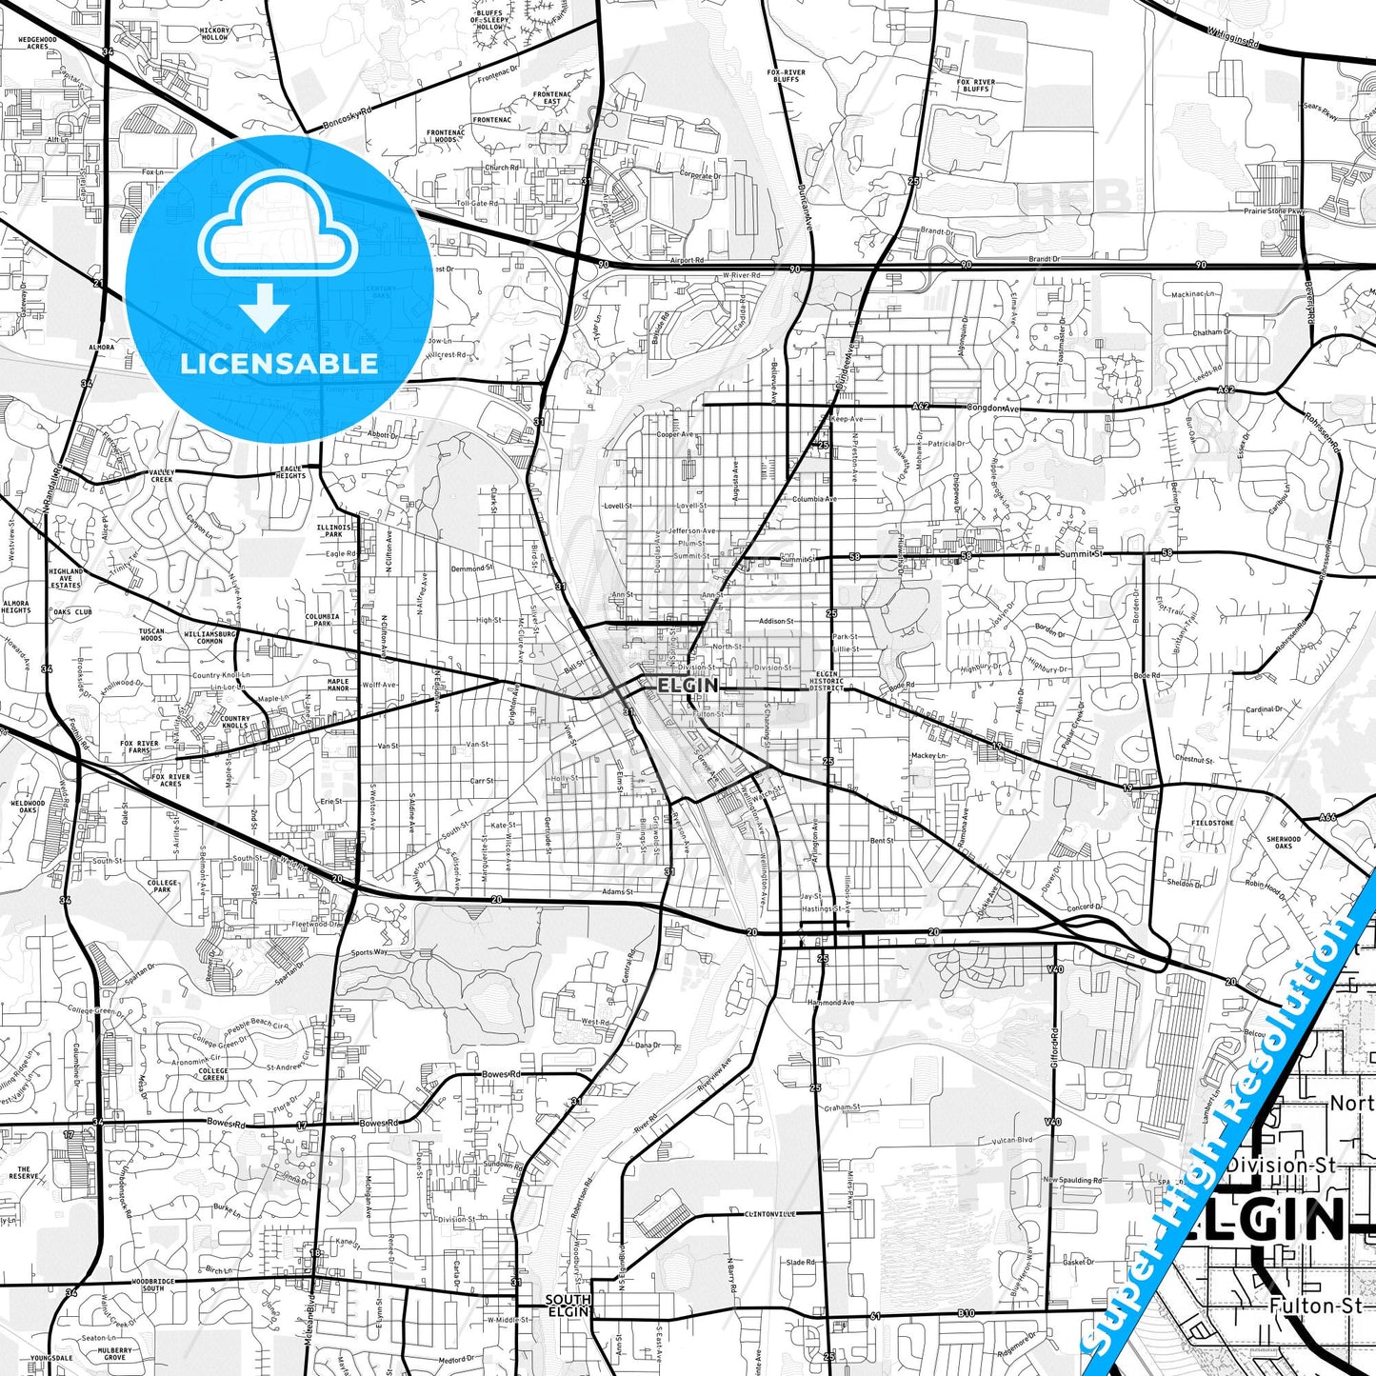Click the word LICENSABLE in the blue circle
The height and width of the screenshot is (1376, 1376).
coord(279,363)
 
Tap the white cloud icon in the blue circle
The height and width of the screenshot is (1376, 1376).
coord(278,233)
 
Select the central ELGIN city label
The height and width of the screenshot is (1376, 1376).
coord(688,685)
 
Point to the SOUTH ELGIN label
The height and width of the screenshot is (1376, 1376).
coord(568,1305)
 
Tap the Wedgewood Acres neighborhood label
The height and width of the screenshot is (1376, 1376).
coord(37,43)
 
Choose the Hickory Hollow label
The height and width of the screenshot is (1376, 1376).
coord(214,34)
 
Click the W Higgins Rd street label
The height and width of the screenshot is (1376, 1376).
coord(1233,37)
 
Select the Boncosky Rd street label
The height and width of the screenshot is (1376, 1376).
coord(346,118)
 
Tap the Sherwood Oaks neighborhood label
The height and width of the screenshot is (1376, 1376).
coord(1284,843)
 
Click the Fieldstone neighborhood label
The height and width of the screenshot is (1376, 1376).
coord(1212,823)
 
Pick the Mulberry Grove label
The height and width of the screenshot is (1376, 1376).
coord(114,1353)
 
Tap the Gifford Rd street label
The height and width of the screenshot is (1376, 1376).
coord(1054,1046)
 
